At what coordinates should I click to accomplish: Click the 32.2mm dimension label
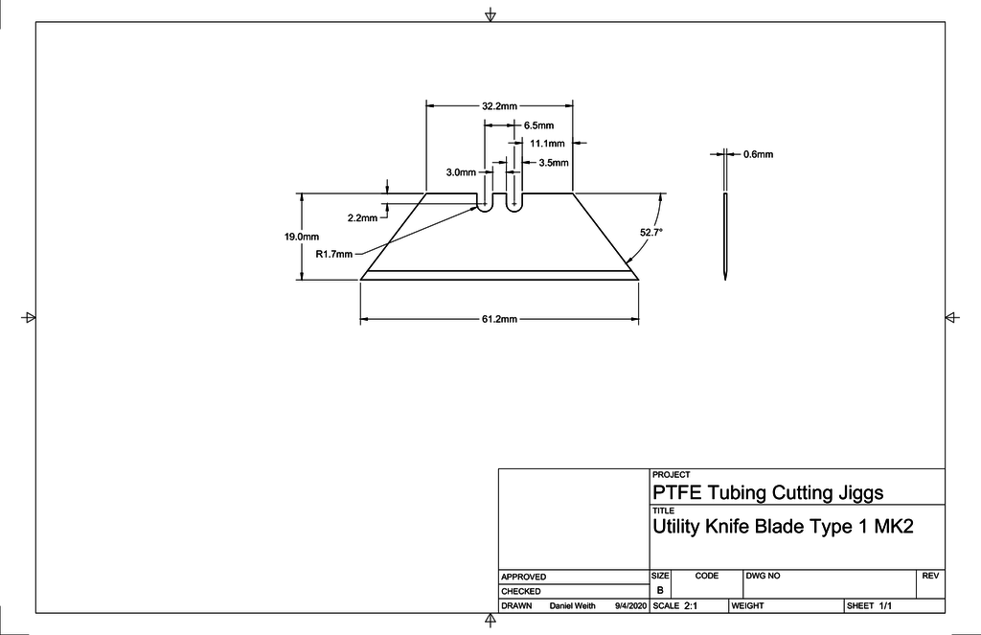[x=499, y=105]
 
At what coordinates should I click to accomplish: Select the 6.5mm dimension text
[x=538, y=125]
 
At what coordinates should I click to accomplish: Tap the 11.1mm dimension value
[x=547, y=144]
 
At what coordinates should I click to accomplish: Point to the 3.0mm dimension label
[x=461, y=172]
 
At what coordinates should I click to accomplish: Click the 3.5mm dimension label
[x=554, y=163]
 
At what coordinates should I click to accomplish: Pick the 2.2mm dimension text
[x=362, y=218]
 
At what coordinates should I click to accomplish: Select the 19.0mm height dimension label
[x=302, y=237]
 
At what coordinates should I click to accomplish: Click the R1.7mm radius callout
[x=334, y=254]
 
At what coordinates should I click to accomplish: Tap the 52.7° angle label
[x=651, y=232]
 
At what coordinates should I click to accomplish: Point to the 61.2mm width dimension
[x=499, y=319]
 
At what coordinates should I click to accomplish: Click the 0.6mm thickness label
[x=758, y=154]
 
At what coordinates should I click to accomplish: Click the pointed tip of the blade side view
[x=725, y=278]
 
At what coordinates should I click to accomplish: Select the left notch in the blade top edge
[x=486, y=203]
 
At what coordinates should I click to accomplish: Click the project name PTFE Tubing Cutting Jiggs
[x=767, y=492]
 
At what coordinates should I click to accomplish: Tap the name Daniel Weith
[x=572, y=606]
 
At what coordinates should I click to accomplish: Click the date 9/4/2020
[x=631, y=606]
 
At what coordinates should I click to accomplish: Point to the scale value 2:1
[x=691, y=606]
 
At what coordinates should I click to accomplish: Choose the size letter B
[x=659, y=591]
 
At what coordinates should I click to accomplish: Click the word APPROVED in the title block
[x=523, y=577]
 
